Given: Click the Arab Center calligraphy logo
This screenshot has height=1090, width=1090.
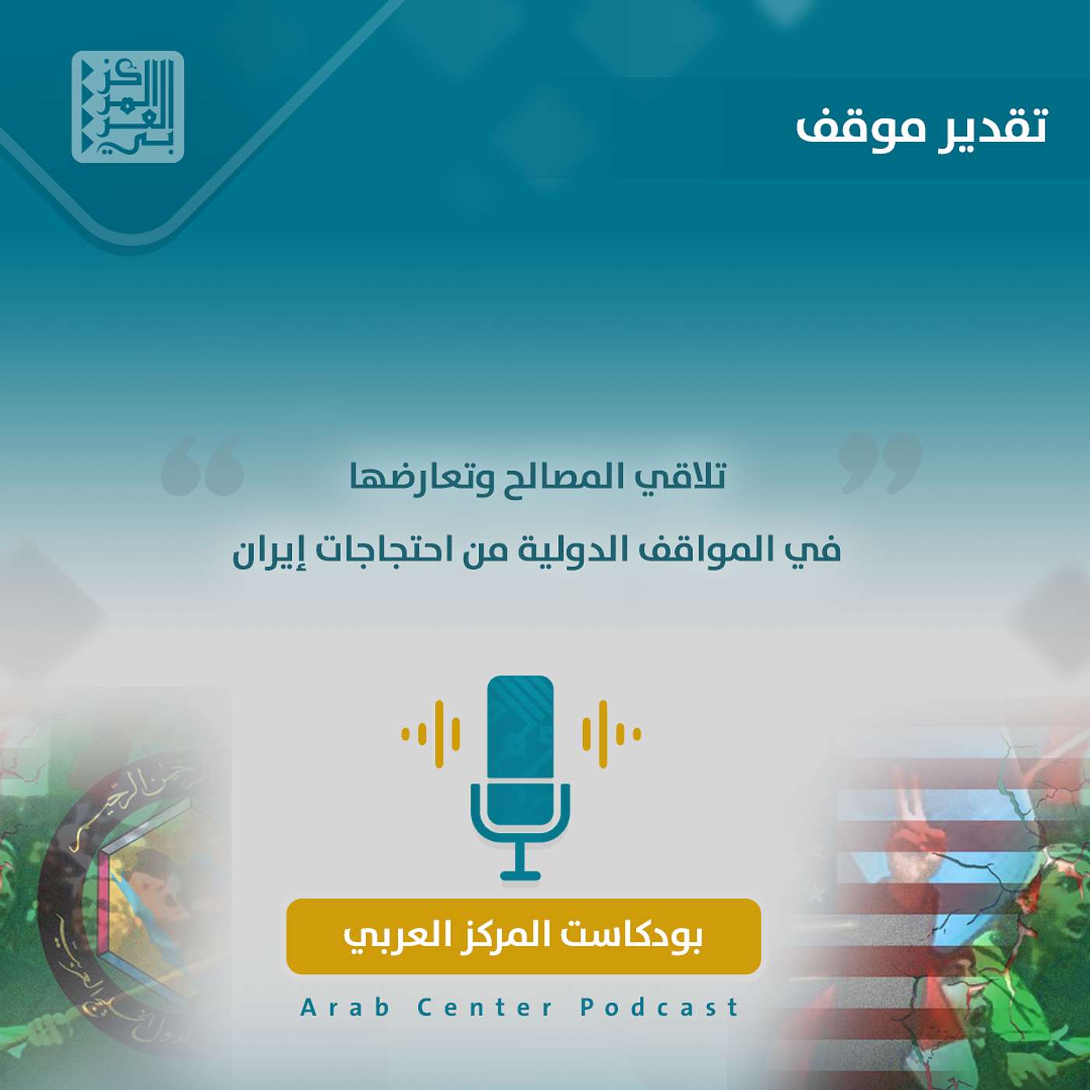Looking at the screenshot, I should [x=128, y=107].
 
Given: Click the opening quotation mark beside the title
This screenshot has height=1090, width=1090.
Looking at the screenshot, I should [x=202, y=466].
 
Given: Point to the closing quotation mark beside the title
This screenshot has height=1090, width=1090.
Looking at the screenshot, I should [x=881, y=463].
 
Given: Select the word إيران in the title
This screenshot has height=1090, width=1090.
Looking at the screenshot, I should [x=269, y=550].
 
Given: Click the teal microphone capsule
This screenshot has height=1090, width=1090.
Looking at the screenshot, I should [x=520, y=728].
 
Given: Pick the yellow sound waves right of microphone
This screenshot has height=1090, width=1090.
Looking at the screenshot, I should [x=611, y=733].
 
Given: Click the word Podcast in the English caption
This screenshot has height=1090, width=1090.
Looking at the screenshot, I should [x=659, y=1007].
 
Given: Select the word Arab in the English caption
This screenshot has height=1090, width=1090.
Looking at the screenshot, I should [x=345, y=1007].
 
